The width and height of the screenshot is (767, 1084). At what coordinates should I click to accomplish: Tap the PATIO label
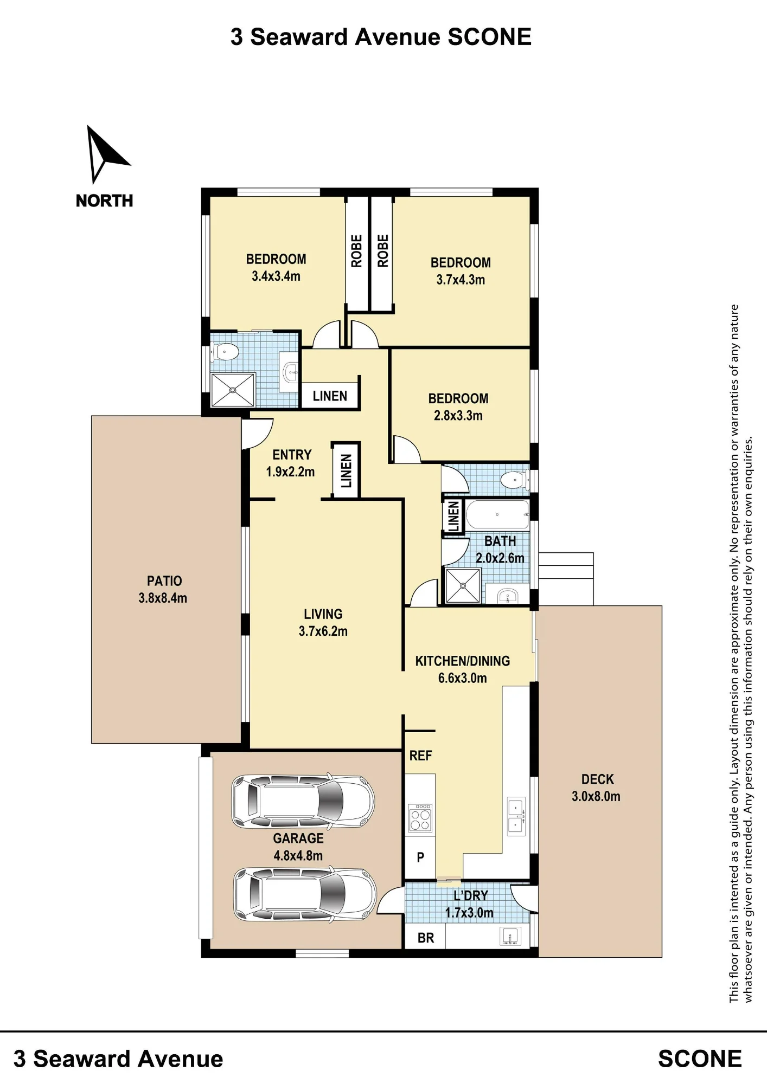[164, 581]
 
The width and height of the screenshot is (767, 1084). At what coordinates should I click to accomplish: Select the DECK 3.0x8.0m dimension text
[596, 796]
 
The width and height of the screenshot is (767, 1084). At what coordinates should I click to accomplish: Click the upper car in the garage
[303, 801]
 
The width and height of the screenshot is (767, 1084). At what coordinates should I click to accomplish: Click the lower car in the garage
[304, 895]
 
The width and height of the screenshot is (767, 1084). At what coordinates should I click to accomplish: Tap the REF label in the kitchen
[420, 756]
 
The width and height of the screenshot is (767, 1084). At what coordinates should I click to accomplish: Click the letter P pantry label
[420, 857]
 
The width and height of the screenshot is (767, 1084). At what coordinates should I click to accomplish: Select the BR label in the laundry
[426, 938]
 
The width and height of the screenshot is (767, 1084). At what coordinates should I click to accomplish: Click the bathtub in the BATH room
[497, 514]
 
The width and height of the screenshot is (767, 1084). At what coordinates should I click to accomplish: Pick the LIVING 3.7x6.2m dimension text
[323, 631]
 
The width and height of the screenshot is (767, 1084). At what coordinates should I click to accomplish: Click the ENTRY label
[292, 455]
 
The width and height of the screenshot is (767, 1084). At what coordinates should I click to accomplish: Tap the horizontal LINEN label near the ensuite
[330, 396]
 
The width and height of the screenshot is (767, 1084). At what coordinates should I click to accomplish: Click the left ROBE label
[356, 251]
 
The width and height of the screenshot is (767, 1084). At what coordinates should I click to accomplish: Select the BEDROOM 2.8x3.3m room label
[458, 407]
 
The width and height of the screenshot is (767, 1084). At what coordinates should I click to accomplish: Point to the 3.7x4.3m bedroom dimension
[461, 280]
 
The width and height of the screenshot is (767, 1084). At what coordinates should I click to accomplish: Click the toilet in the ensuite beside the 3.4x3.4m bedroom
[227, 353]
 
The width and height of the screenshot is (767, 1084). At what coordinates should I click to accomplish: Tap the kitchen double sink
[515, 816]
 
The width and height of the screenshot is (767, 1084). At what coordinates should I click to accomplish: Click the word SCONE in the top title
[489, 37]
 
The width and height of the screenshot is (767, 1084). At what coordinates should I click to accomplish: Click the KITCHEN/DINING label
[463, 661]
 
